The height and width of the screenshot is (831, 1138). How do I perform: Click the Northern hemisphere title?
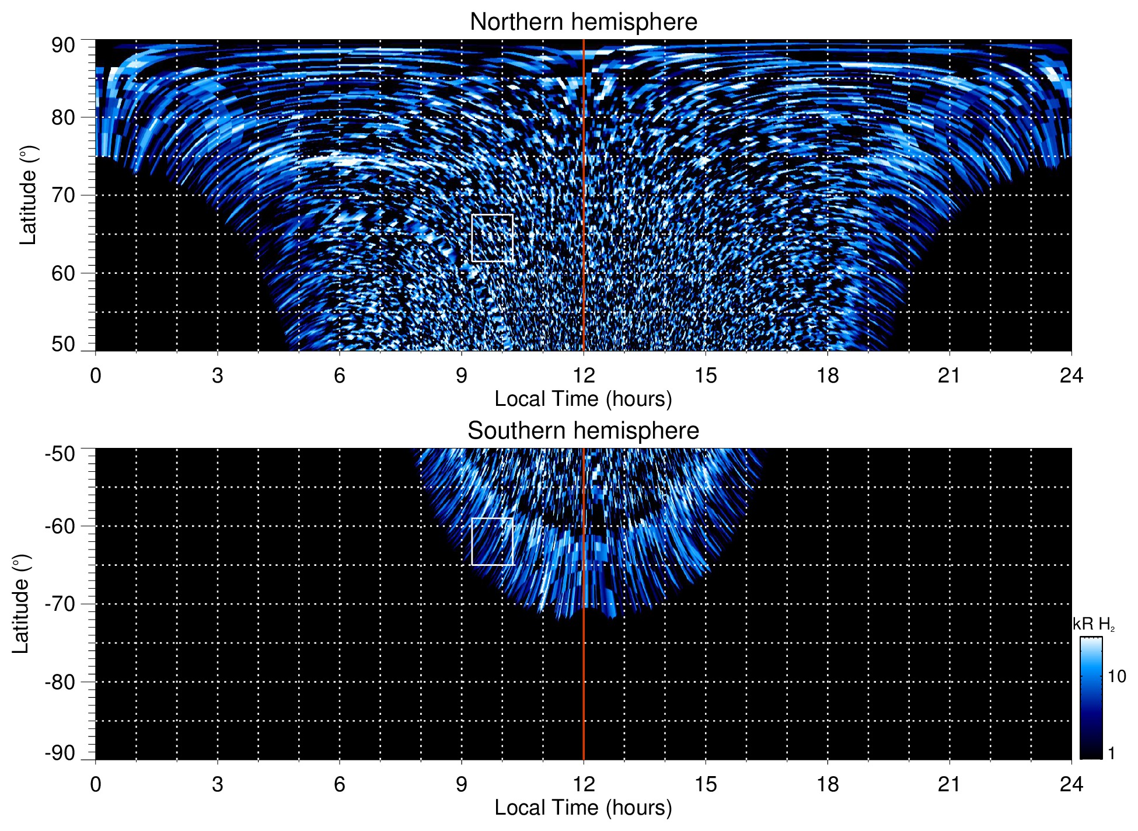pyautogui.click(x=583, y=22)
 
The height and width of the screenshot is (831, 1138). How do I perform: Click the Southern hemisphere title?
pyautogui.click(x=583, y=431)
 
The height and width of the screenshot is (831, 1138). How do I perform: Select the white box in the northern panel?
pyautogui.click(x=492, y=238)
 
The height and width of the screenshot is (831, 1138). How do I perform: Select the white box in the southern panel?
pyautogui.click(x=493, y=541)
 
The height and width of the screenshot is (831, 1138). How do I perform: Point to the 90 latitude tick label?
pyautogui.click(x=63, y=46)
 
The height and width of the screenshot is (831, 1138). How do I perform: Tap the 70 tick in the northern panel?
pyautogui.click(x=63, y=195)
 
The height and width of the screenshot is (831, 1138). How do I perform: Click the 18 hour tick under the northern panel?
pyautogui.click(x=828, y=375)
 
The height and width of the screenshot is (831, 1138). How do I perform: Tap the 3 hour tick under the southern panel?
pyautogui.click(x=218, y=784)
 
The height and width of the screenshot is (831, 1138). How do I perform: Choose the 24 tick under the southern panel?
pyautogui.click(x=1071, y=784)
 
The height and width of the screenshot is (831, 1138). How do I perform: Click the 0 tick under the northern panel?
pyautogui.click(x=96, y=375)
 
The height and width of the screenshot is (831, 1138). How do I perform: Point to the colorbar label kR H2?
pyautogui.click(x=1094, y=624)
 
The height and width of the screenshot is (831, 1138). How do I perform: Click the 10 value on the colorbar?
pyautogui.click(x=1116, y=676)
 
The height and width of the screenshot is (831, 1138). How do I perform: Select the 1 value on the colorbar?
pyautogui.click(x=1111, y=753)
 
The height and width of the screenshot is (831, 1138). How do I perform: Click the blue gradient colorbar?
pyautogui.click(x=1091, y=698)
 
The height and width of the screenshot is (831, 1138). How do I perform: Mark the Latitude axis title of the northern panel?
pyautogui.click(x=28, y=195)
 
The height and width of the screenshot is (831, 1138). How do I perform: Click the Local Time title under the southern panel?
pyautogui.click(x=583, y=808)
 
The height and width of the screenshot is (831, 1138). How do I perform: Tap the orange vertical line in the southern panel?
pyautogui.click(x=584, y=672)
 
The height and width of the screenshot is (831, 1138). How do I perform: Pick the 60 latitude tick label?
pyautogui.click(x=63, y=273)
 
